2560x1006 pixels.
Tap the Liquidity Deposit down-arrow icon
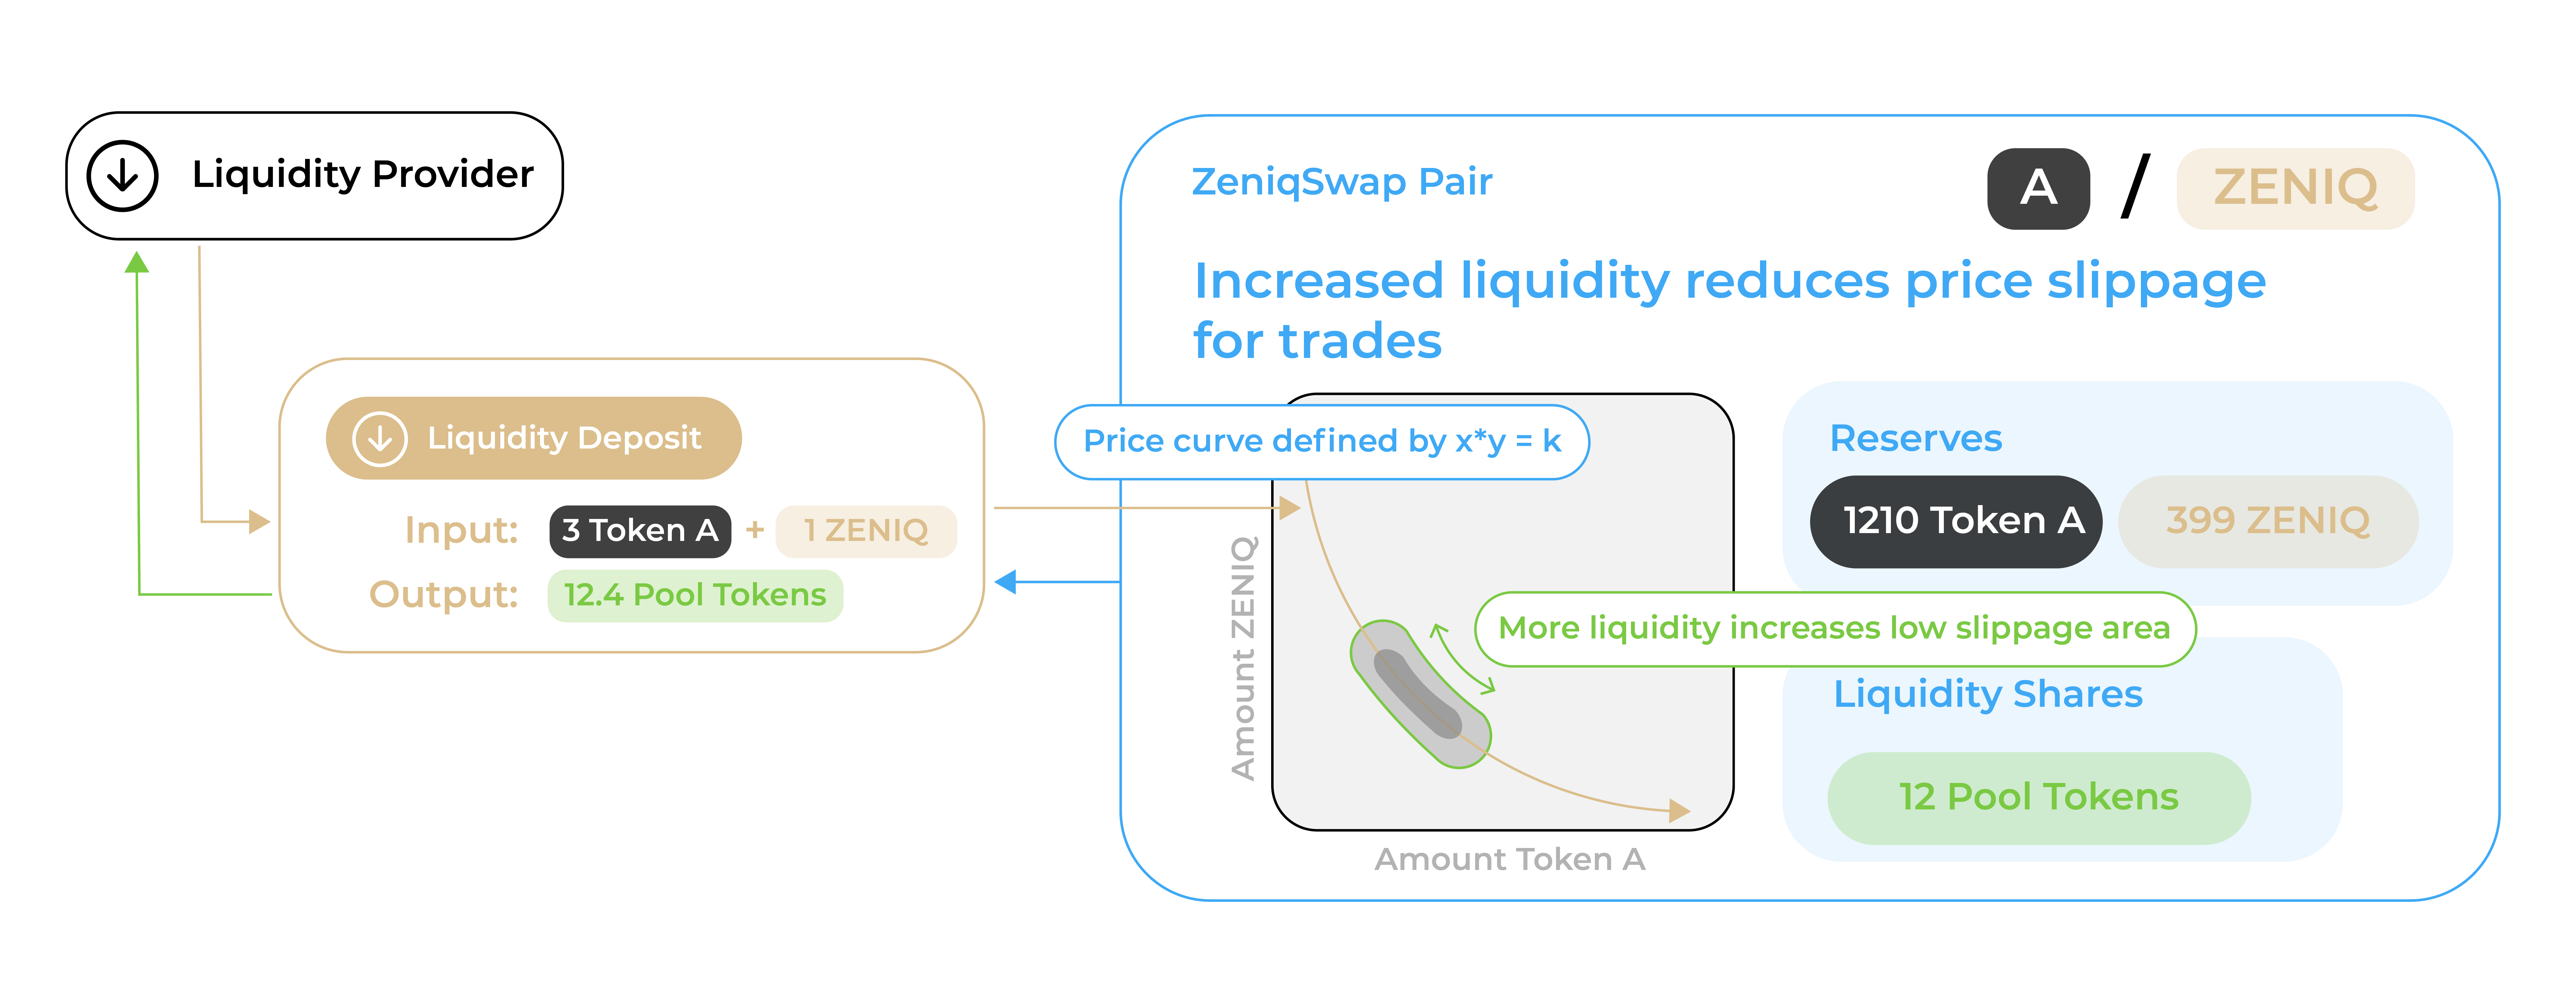380,438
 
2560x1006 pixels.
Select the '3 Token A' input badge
640,531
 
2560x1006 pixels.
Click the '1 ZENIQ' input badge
866,531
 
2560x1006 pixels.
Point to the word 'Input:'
461,530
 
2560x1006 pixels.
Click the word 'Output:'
443,595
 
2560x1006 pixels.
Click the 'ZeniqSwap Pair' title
1342,182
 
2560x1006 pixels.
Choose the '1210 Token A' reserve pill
1956,521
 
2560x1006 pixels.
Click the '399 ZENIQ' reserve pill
2268,521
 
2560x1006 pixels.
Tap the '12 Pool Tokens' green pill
2038,797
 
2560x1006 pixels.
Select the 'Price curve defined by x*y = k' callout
1322,441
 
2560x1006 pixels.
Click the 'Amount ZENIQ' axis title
1243,658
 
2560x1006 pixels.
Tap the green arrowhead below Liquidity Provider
137,262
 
